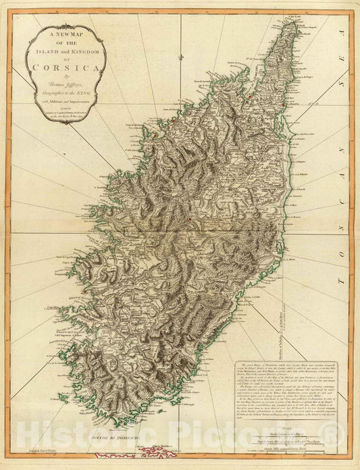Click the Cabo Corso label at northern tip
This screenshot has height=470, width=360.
pos(292,16)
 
